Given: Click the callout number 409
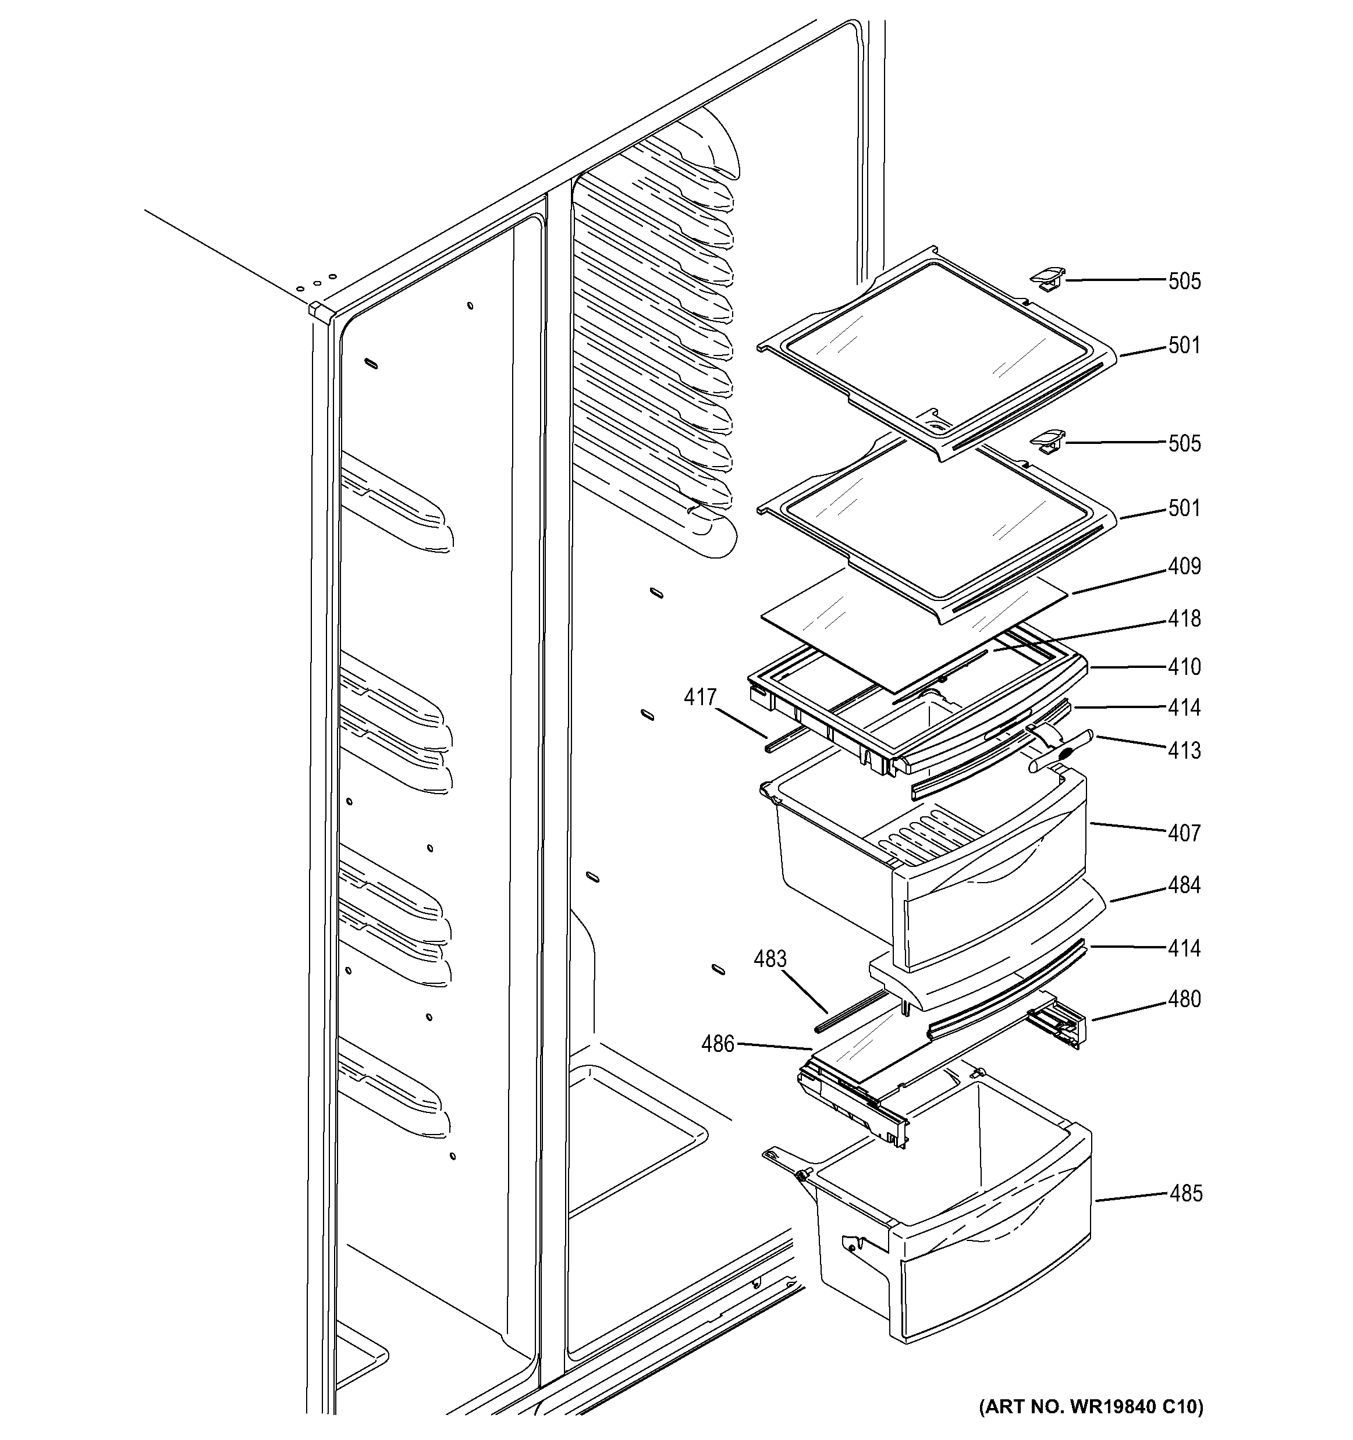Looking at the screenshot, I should click(x=1184, y=567).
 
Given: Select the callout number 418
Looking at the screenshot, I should click(x=1184, y=618).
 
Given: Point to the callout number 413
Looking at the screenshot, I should click(x=1184, y=751).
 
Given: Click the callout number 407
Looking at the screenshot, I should click(x=1184, y=833).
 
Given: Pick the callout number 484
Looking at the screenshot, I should click(x=1184, y=885).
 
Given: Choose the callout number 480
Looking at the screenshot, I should click(x=1184, y=999).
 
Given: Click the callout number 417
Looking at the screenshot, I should click(x=699, y=698).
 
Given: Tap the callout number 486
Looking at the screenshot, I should click(x=717, y=1044).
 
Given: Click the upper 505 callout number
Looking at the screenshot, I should click(x=1184, y=281).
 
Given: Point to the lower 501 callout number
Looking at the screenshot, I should click(x=1184, y=509).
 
